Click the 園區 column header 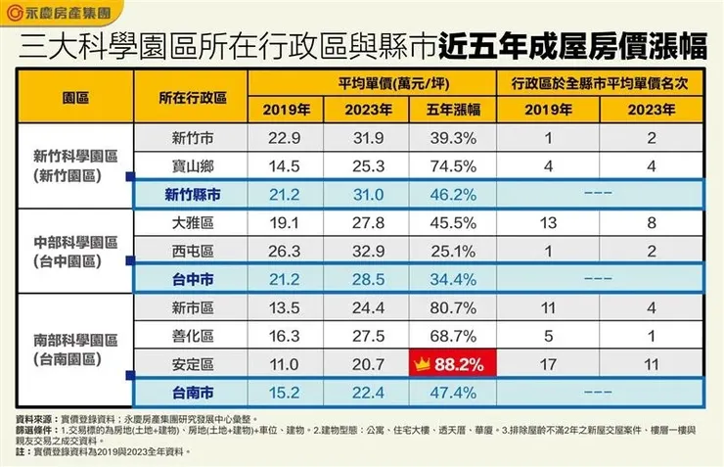[x=75, y=98]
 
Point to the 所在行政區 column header [x=193, y=98]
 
